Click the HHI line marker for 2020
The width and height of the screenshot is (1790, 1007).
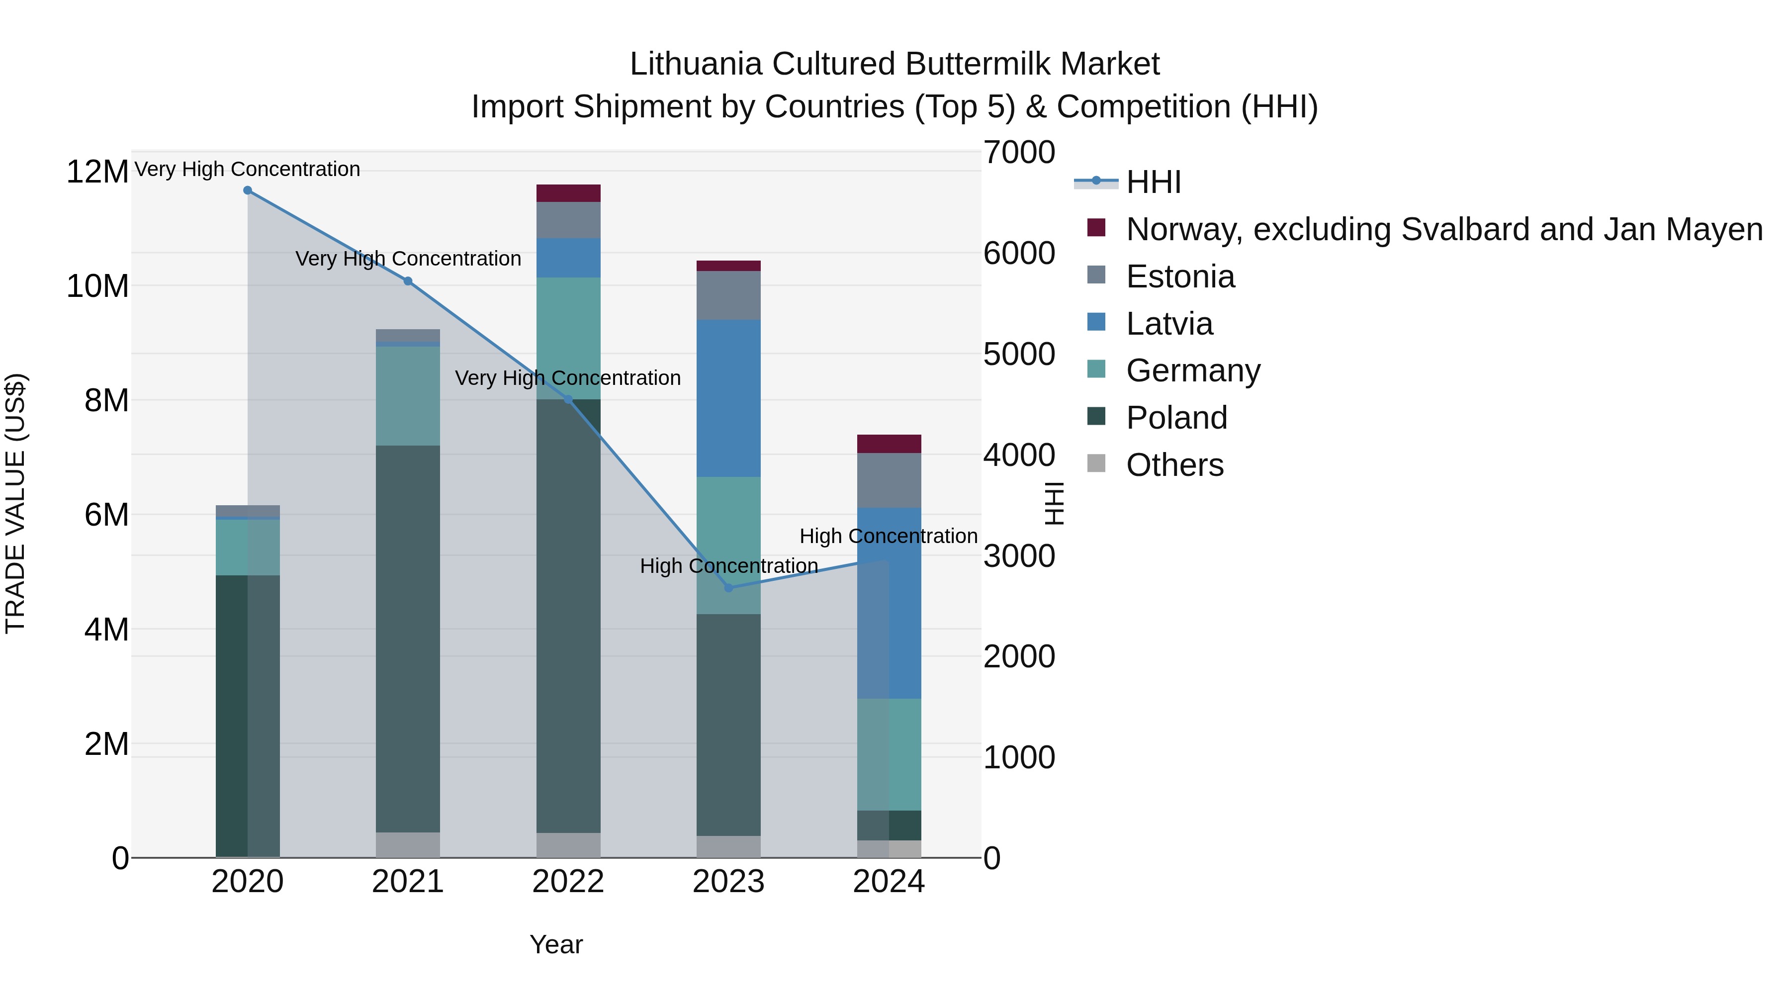tap(248, 190)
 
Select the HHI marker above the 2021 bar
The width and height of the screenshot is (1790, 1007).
tap(408, 281)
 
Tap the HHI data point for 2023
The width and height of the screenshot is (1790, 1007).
tap(728, 588)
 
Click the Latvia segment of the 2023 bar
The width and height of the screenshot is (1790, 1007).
tap(728, 398)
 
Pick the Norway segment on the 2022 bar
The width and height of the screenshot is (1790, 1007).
tap(568, 193)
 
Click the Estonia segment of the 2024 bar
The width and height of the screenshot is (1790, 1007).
tap(889, 480)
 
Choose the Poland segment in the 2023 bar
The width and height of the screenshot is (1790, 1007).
tap(728, 725)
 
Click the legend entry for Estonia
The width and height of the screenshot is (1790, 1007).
tap(1180, 276)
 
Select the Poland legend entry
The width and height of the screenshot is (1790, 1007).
tap(1176, 418)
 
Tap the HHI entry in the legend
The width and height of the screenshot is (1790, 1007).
tap(1154, 182)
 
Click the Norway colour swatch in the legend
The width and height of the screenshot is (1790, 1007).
tap(1096, 228)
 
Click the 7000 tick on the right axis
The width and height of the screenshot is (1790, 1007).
tap(1019, 153)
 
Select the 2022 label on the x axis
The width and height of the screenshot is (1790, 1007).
tap(568, 882)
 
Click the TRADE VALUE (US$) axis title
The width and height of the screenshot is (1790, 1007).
tap(15, 503)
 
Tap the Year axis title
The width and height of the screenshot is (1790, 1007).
tap(556, 944)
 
